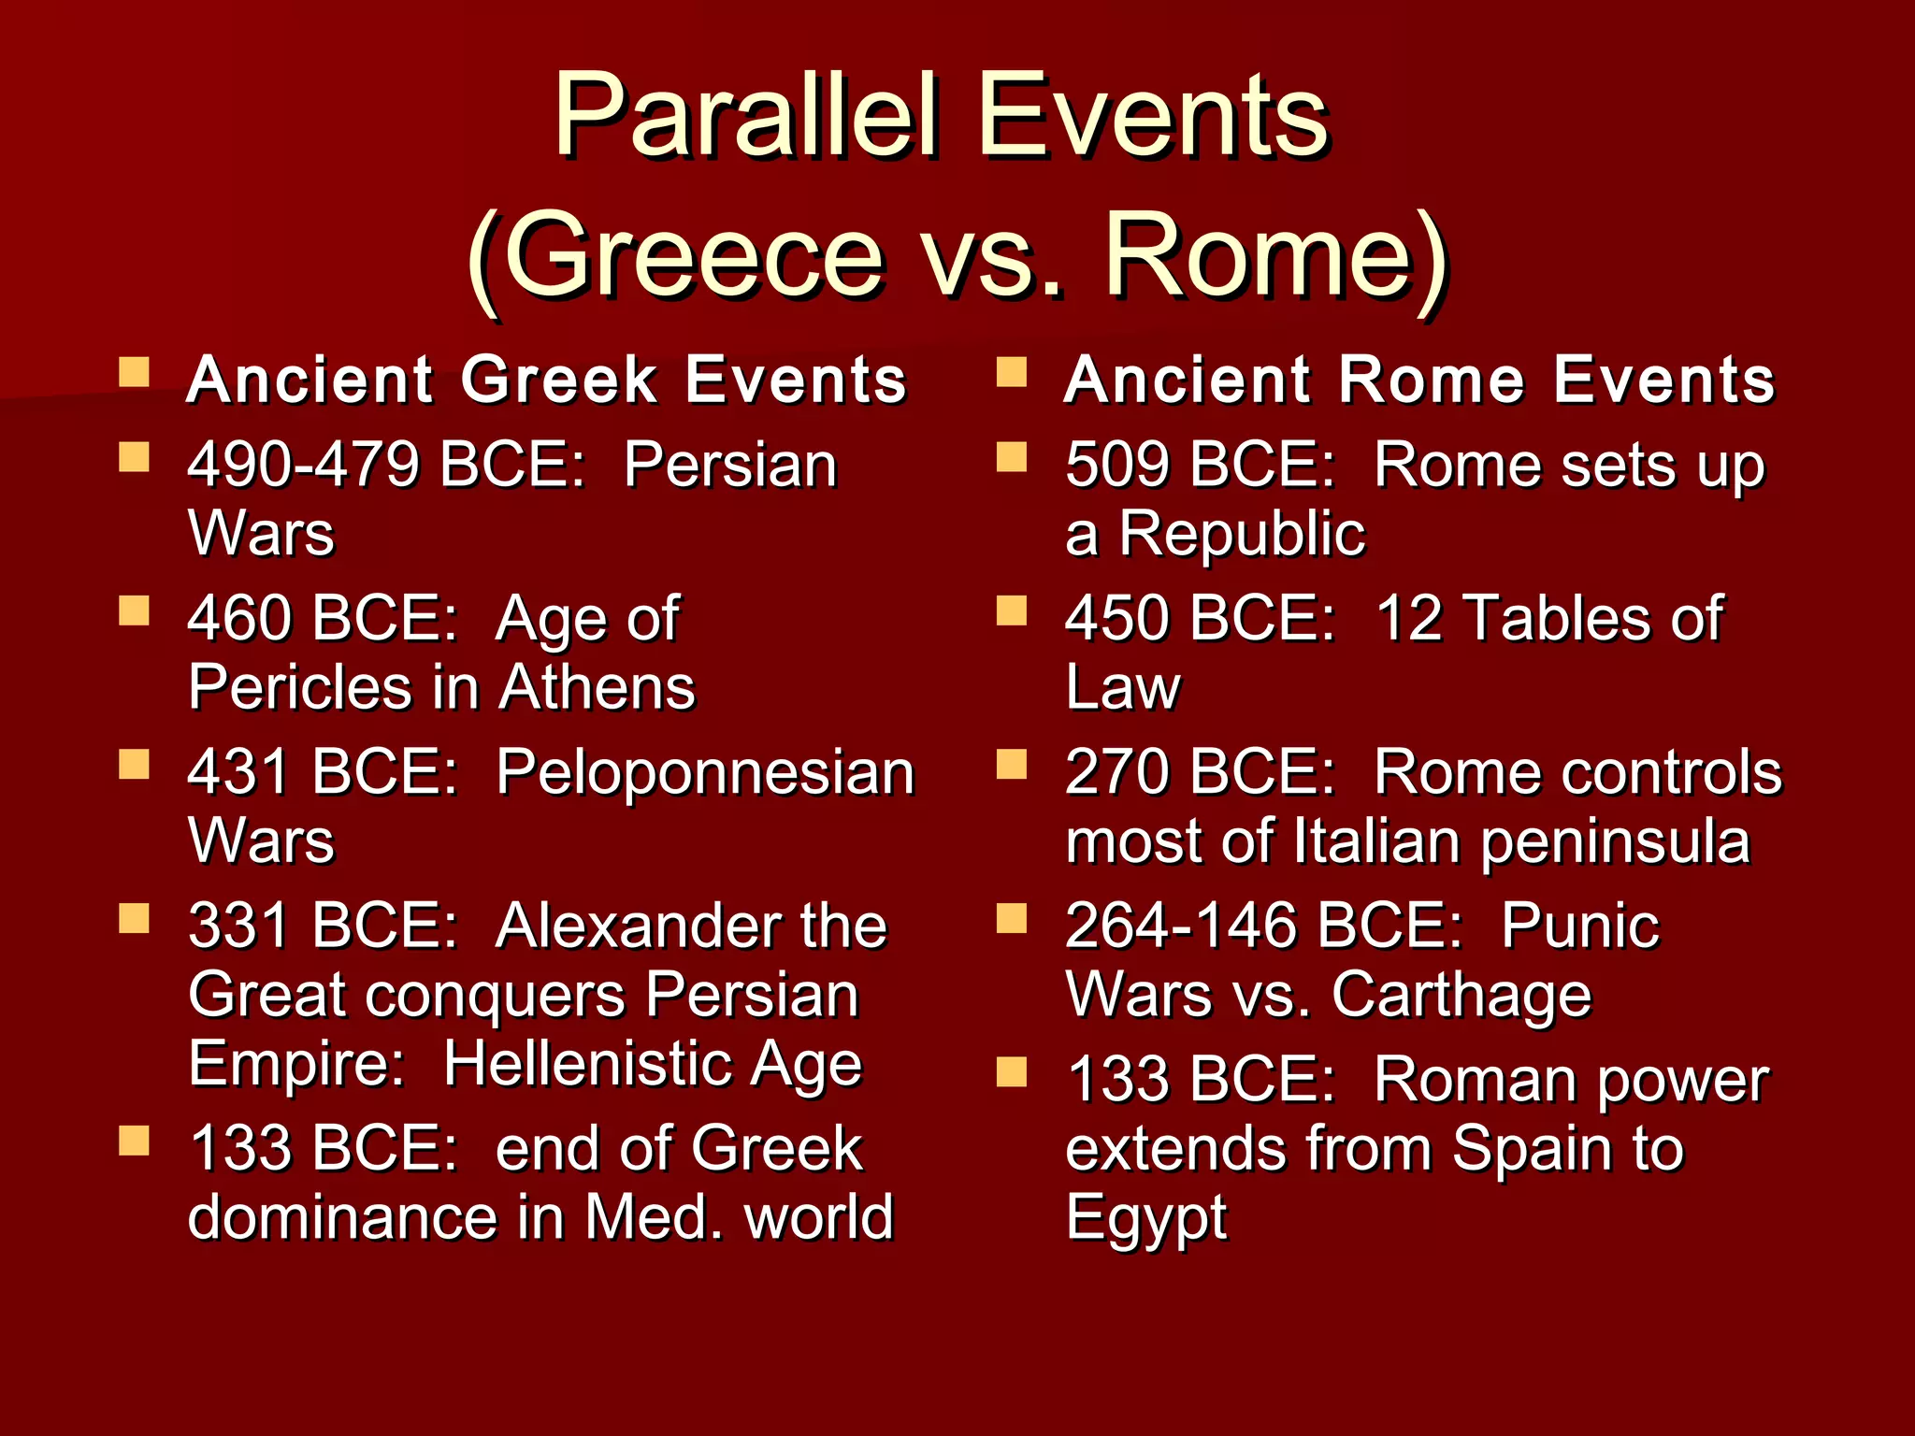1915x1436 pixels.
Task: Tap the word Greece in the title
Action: (697, 257)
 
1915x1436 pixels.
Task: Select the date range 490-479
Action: (304, 465)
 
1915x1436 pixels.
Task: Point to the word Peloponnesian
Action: (705, 773)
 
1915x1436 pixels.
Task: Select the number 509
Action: (1118, 465)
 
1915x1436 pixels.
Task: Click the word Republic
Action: (1242, 534)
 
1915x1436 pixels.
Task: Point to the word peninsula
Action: (1615, 841)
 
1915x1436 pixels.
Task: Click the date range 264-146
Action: (1181, 926)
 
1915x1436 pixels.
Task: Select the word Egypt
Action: (1145, 1217)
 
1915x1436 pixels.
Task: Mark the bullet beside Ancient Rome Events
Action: (1012, 373)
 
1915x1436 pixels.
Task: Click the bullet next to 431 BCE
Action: (135, 765)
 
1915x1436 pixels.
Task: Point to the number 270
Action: (1118, 773)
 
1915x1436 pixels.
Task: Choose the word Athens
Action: (597, 688)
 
